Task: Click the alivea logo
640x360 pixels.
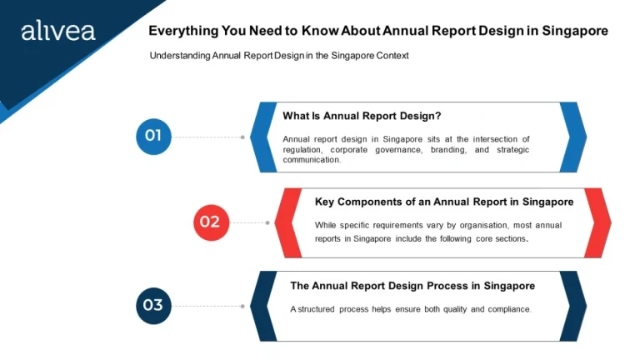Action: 57,32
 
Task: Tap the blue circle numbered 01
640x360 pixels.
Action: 153,137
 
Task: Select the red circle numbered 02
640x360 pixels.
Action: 211,222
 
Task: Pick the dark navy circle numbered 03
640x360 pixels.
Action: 153,306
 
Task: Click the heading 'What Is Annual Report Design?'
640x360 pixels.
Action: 361,116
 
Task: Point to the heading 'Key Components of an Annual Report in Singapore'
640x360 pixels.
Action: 443,202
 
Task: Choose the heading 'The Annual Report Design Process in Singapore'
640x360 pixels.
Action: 412,286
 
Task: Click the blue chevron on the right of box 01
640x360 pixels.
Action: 574,137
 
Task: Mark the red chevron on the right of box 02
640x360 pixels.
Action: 599,222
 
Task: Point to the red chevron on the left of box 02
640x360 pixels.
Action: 287,222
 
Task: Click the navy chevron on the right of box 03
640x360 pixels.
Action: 574,306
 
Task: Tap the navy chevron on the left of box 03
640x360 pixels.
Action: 262,306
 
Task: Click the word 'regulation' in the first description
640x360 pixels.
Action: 302,150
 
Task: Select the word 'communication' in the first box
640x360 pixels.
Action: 311,160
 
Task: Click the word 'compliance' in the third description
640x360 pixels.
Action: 506,309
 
